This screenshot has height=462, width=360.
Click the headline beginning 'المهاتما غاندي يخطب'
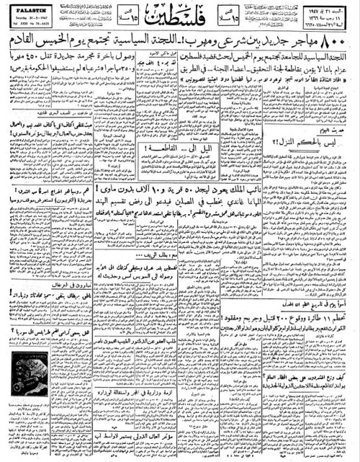[x=216, y=212]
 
